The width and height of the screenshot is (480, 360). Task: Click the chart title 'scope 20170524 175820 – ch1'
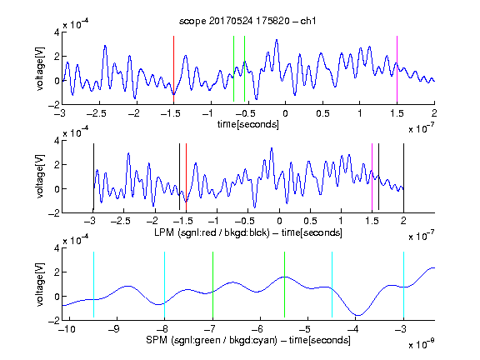pyautogui.click(x=247, y=21)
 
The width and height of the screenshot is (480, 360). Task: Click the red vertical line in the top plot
pyautogui.click(x=173, y=68)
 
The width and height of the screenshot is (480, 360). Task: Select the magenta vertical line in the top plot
pyautogui.click(x=397, y=68)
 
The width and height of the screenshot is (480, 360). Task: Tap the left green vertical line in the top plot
pyautogui.click(x=233, y=68)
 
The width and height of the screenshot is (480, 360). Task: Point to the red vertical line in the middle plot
pyautogui.click(x=186, y=177)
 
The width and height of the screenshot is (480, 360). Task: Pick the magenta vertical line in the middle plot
pyautogui.click(x=372, y=177)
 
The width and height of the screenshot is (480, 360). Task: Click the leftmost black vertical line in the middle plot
pyautogui.click(x=93, y=177)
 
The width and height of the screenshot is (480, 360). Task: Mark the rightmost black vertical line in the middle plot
pyautogui.click(x=403, y=177)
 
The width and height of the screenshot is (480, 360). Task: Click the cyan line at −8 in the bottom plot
pyautogui.click(x=164, y=285)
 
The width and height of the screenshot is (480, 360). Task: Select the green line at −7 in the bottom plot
pyautogui.click(x=212, y=285)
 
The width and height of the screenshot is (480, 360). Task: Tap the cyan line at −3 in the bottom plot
pyautogui.click(x=403, y=285)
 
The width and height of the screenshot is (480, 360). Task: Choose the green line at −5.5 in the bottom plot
pyautogui.click(x=284, y=285)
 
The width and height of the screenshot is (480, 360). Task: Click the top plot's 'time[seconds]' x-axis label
pyautogui.click(x=248, y=125)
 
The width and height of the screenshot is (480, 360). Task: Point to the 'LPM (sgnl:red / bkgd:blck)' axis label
pyautogui.click(x=212, y=232)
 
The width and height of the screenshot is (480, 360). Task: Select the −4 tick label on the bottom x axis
pyautogui.click(x=355, y=329)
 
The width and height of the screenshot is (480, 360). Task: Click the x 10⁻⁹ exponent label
pyautogui.click(x=421, y=344)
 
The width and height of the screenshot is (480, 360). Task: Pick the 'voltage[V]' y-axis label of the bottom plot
pyautogui.click(x=40, y=285)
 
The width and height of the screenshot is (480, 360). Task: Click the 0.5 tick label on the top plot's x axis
pyautogui.click(x=322, y=113)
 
